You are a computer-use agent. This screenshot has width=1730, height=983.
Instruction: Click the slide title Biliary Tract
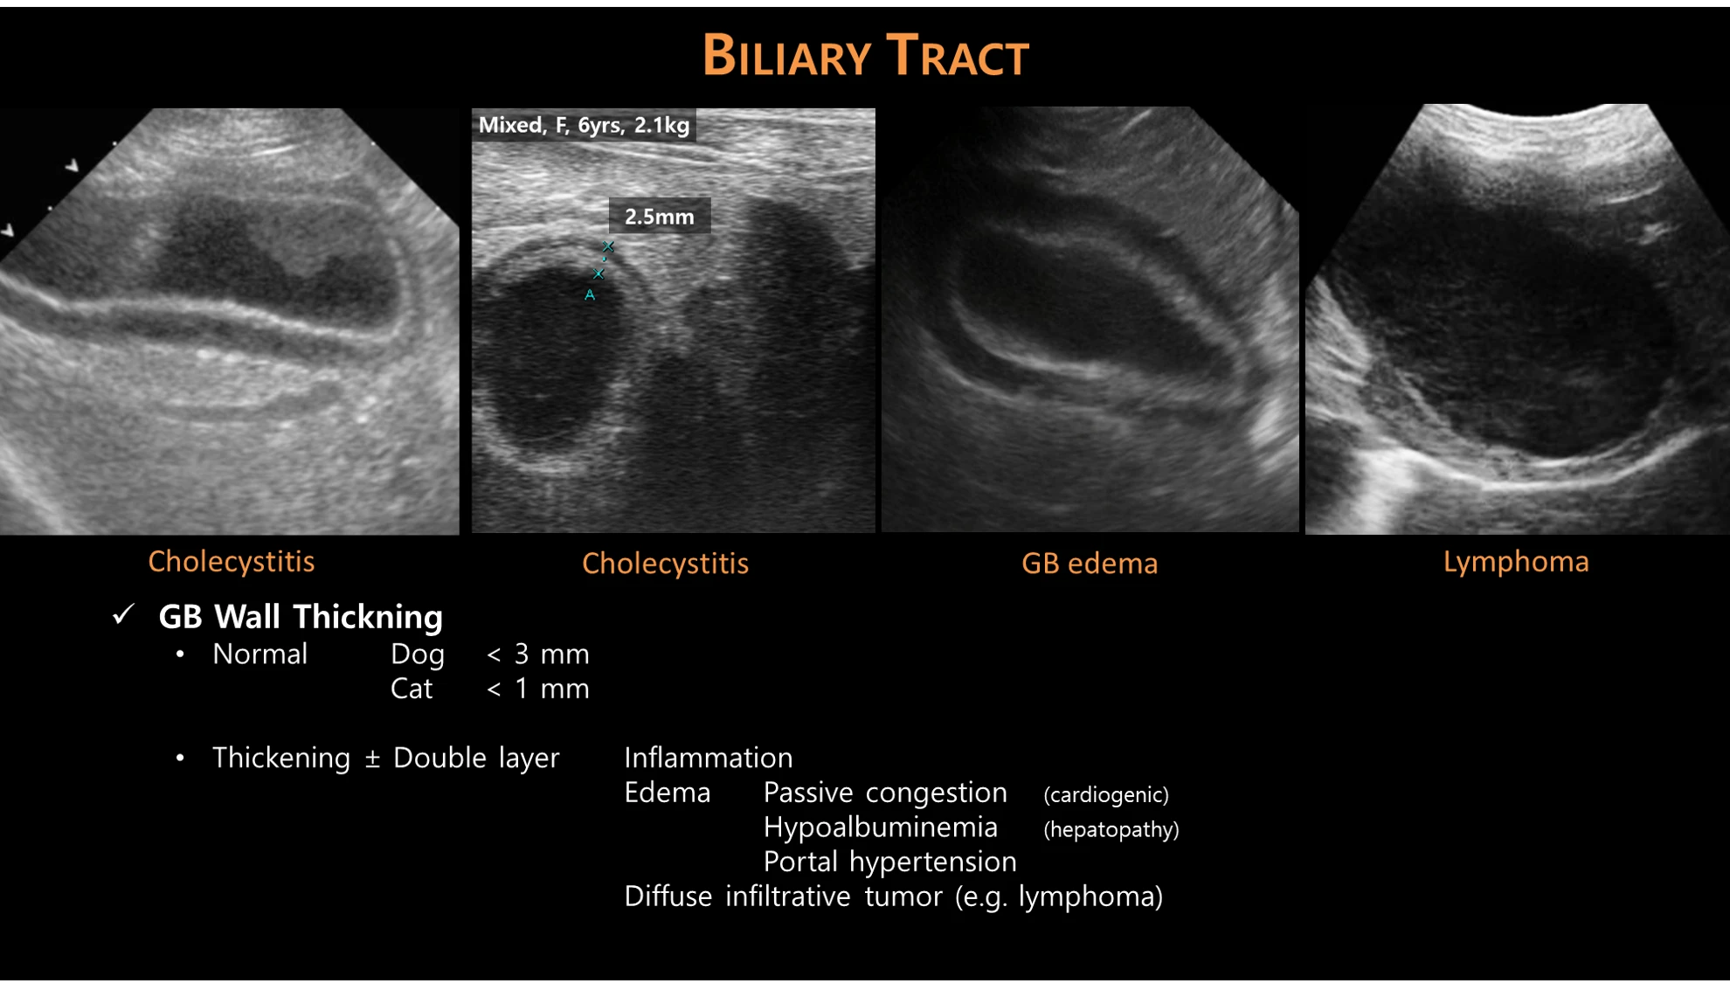point(866,56)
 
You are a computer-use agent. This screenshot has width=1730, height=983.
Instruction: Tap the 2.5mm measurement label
point(660,217)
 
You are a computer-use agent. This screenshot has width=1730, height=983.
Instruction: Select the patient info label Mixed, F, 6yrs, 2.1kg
point(584,125)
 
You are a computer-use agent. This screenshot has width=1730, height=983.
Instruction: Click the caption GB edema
point(1090,564)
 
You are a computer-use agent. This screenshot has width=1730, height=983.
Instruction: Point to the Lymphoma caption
point(1516,562)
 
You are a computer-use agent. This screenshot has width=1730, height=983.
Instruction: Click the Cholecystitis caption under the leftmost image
point(231,562)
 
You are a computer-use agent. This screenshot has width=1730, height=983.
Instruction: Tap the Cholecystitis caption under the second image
point(665,564)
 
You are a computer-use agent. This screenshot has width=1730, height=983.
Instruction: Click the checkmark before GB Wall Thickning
point(124,614)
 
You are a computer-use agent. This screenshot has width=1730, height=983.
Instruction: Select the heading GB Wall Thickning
point(301,617)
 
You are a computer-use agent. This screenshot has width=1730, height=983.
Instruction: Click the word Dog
point(417,654)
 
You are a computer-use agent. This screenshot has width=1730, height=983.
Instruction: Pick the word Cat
point(411,689)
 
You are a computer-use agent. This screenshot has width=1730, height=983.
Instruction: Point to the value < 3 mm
point(537,654)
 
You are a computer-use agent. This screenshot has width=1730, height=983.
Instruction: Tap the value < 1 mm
point(537,689)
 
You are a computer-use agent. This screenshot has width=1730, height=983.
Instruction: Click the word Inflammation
point(709,758)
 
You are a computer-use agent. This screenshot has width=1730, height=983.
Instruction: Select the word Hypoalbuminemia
point(880,827)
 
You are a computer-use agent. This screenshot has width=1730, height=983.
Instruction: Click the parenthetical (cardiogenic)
point(1106,794)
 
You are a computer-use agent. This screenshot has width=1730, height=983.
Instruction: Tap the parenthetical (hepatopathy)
point(1111,829)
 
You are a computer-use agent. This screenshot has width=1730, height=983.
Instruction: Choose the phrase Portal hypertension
point(889,862)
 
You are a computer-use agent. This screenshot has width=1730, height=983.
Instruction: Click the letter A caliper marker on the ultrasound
point(590,295)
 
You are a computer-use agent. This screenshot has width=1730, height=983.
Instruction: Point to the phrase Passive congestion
point(885,793)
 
